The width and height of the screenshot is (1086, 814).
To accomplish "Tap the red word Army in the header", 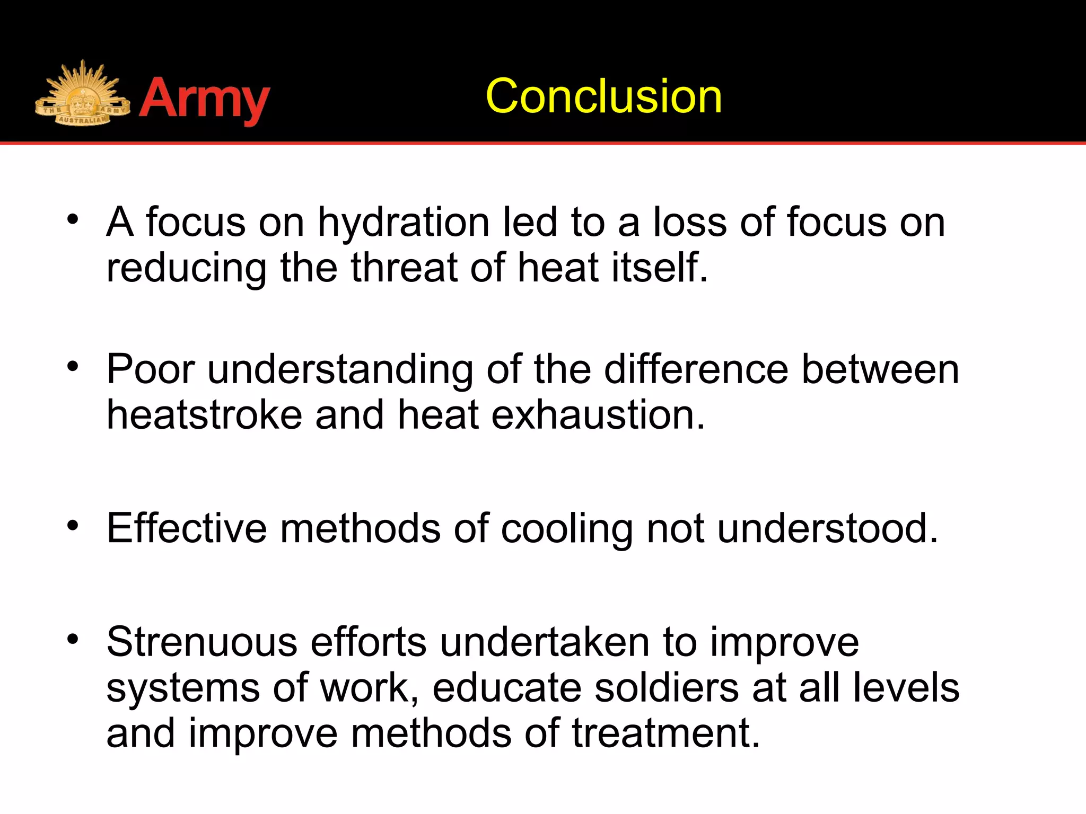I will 205,99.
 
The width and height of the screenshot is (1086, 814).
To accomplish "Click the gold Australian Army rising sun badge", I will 82,95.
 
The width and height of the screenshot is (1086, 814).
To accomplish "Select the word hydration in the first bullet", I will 404,222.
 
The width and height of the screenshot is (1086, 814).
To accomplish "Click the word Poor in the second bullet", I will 151,369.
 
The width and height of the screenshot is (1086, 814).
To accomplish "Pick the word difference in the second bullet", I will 696,369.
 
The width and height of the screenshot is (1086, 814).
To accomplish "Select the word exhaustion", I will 598,414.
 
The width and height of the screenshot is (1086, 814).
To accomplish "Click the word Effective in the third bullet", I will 187,528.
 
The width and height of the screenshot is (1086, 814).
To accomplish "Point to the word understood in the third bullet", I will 827,528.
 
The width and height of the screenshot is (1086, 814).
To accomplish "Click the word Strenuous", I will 202,642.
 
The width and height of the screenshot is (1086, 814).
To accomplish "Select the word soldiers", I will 667,688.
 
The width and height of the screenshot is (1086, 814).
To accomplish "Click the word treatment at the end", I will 666,733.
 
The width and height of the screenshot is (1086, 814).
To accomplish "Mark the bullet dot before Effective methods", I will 73,526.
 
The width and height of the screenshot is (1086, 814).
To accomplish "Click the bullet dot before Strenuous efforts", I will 73,639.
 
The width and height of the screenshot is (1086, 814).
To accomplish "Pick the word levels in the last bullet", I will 906,688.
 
